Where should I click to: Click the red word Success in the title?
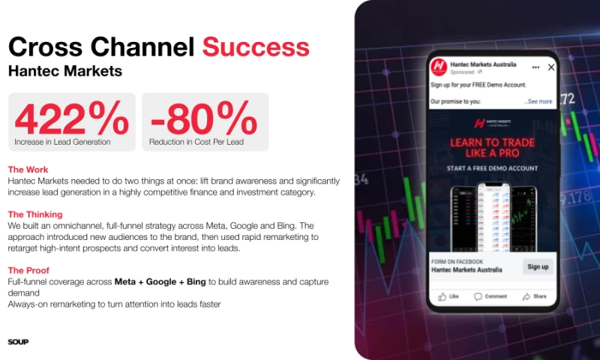256,46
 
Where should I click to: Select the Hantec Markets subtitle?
65,72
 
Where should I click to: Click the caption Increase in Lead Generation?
62,141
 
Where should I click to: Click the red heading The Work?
28,169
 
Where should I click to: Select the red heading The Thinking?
34,214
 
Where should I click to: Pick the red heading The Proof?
28,270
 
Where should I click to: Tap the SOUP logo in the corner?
18,342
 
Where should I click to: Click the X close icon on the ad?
551,67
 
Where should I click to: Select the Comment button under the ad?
490,296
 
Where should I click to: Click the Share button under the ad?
535,296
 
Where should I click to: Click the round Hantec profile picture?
438,67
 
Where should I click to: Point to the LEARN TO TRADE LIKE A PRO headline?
491,147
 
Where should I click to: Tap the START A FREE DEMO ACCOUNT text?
491,169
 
